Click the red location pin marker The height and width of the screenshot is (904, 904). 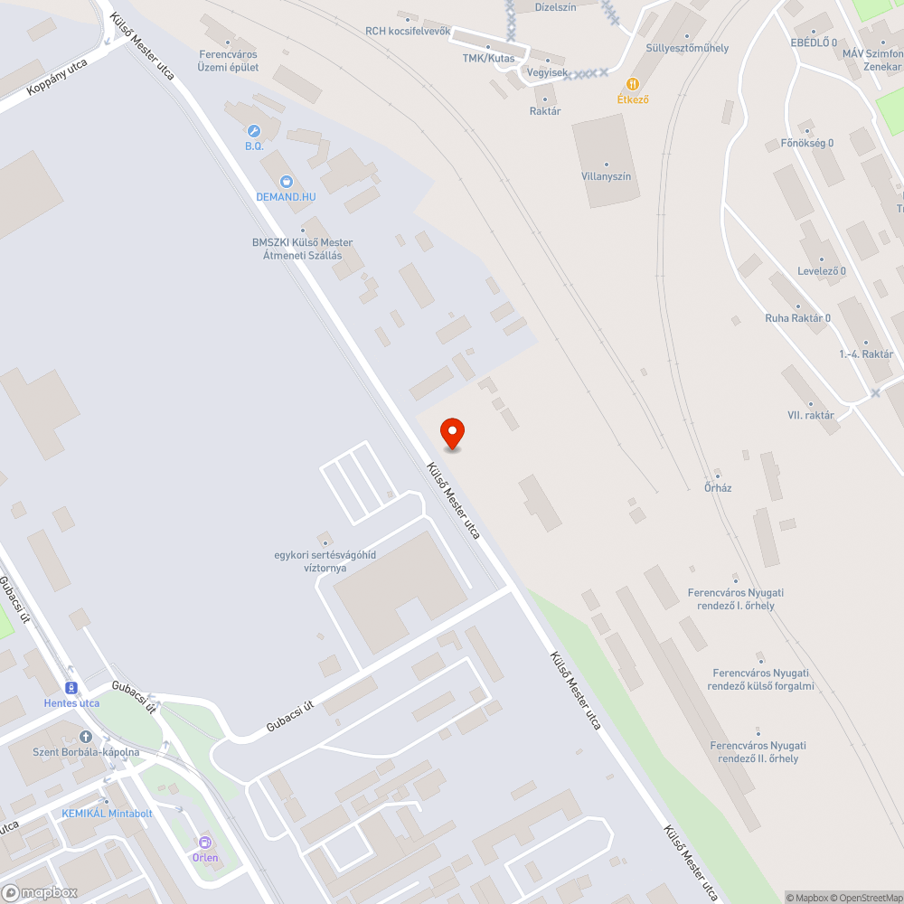click(452, 434)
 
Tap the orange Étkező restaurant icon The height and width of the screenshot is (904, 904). click(633, 84)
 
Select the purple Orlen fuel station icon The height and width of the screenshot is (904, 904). click(204, 842)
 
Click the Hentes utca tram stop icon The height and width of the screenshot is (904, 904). click(71, 687)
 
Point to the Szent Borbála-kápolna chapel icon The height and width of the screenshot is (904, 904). click(86, 737)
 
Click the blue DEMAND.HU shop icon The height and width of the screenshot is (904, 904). click(286, 182)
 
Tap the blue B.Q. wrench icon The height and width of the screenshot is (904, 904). click(254, 131)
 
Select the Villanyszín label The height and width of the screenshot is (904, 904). click(606, 176)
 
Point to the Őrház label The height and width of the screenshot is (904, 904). click(718, 488)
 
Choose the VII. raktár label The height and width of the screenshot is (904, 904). click(810, 416)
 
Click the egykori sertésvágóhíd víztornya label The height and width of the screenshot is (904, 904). click(325, 561)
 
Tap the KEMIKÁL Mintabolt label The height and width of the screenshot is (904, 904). click(107, 814)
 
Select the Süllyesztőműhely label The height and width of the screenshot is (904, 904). click(687, 48)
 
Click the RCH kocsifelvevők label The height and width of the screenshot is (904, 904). click(408, 31)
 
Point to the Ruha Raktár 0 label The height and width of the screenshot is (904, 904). click(797, 318)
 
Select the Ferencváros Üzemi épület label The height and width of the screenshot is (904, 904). click(229, 61)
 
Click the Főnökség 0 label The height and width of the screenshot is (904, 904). click(806, 144)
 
